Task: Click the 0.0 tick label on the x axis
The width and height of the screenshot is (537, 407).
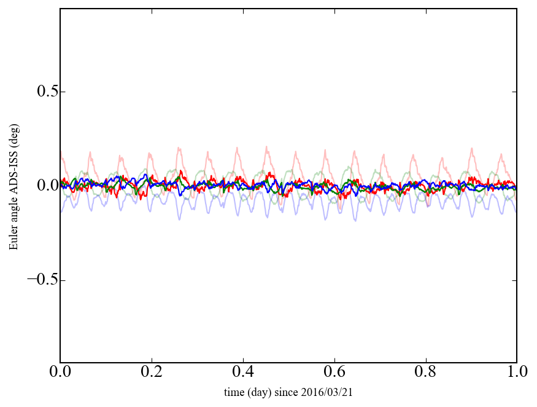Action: coord(60,373)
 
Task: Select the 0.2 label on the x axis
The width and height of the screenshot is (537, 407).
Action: coord(152,373)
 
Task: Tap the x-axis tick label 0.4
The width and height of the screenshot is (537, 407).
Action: coord(243,373)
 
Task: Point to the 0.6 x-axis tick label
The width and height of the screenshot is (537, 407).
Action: coord(334,373)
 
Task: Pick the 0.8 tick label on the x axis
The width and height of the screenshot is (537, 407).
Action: coord(425,373)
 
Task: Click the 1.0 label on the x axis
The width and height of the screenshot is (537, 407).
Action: coord(517,373)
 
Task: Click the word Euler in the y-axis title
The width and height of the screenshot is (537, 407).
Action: coord(13,239)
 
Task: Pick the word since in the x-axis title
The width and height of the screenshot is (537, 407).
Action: coord(285,392)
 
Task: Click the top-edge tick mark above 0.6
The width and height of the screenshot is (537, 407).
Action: coord(334,11)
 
